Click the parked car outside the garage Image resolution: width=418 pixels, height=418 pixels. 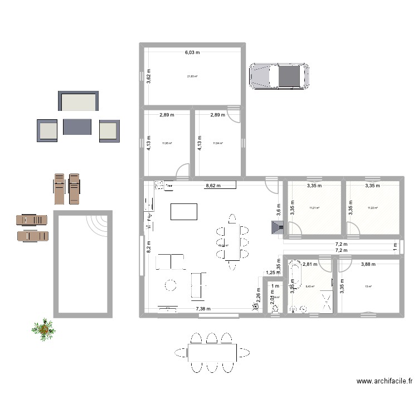[279, 76]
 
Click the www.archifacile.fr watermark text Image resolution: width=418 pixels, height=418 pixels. [385, 382]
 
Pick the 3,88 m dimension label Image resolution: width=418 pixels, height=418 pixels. [369, 265]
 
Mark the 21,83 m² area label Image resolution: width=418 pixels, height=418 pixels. [192, 77]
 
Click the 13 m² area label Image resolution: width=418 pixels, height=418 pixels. [368, 287]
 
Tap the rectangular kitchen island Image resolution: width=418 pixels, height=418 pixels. [184, 212]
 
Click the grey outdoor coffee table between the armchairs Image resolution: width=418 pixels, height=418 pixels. [77, 127]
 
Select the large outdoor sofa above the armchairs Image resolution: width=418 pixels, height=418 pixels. [79, 102]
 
